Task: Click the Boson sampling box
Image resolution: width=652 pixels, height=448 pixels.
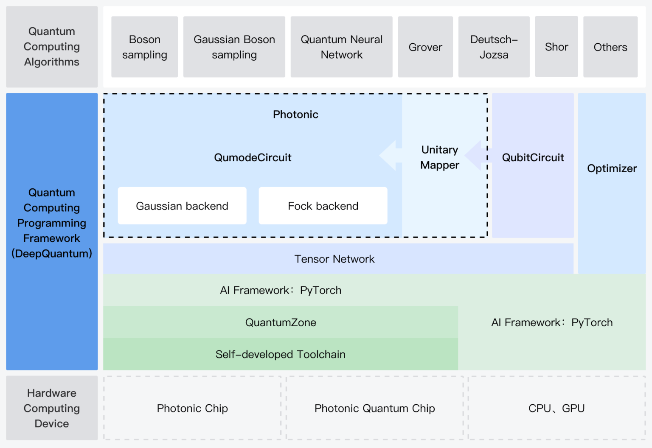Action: pyautogui.click(x=144, y=47)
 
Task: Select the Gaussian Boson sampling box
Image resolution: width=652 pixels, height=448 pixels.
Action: pyautogui.click(x=234, y=47)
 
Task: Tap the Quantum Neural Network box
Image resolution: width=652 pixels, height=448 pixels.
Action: pyautogui.click(x=341, y=47)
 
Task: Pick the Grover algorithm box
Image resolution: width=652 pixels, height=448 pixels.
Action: pyautogui.click(x=425, y=47)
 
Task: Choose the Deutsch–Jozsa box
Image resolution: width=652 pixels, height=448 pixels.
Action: pyautogui.click(x=494, y=47)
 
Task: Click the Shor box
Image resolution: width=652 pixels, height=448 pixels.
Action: pyautogui.click(x=556, y=47)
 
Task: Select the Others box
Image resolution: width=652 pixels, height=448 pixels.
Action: pyautogui.click(x=610, y=47)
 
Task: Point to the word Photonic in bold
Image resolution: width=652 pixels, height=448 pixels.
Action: pyautogui.click(x=295, y=115)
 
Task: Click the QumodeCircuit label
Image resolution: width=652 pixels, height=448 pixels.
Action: pyautogui.click(x=253, y=158)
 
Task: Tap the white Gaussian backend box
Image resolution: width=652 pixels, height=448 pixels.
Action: pyautogui.click(x=182, y=206)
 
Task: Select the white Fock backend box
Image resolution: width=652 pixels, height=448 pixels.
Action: pyautogui.click(x=323, y=206)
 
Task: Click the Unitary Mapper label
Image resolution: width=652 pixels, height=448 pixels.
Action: pyautogui.click(x=440, y=157)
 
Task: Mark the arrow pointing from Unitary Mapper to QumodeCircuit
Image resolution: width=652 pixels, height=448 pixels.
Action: pyautogui.click(x=390, y=156)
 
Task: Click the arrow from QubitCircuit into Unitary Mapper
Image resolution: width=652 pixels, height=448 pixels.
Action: pyautogui.click(x=475, y=156)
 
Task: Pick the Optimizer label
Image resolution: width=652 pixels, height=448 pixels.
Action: pyautogui.click(x=612, y=168)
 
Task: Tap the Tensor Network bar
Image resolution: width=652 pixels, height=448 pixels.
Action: pyautogui.click(x=334, y=259)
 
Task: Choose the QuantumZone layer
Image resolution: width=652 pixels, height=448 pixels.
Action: pyautogui.click(x=281, y=322)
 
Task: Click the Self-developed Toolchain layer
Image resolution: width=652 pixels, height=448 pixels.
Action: pyautogui.click(x=281, y=354)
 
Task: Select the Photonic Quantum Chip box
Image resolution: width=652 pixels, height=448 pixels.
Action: pyautogui.click(x=374, y=408)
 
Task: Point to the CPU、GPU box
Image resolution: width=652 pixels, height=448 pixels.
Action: pyautogui.click(x=556, y=408)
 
